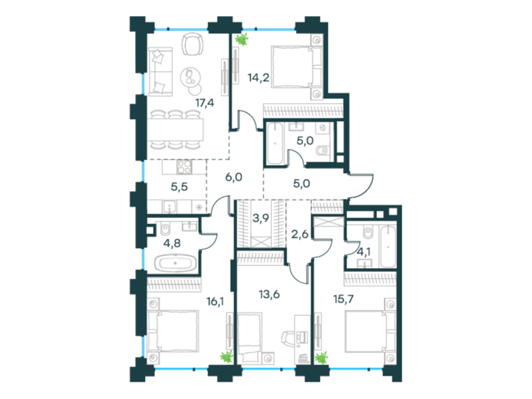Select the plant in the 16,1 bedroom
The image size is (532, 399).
click(227, 356)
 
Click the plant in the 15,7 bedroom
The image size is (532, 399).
click(323, 357)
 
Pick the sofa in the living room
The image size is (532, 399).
click(160, 70)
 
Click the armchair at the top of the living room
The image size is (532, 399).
click(192, 45)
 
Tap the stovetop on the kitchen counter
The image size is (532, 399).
click(184, 167)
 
